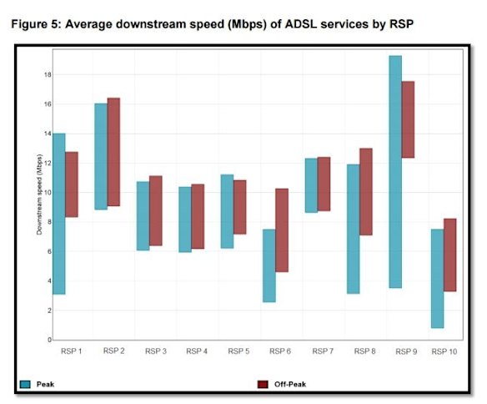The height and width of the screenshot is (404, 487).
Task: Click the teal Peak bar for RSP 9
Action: click(395, 171)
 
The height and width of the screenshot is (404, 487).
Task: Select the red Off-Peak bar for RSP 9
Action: click(408, 119)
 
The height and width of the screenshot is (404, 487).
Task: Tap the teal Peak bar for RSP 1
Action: click(58, 214)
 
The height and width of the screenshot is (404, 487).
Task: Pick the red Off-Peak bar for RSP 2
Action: click(113, 152)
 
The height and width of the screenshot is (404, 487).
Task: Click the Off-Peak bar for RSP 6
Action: click(282, 230)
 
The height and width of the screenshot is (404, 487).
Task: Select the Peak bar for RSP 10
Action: click(437, 278)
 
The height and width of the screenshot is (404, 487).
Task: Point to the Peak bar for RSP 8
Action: click(354, 229)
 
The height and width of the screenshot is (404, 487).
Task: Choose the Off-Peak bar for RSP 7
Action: click(324, 184)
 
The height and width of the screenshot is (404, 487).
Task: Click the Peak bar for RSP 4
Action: click(184, 220)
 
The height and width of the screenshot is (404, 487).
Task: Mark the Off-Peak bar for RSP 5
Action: click(239, 207)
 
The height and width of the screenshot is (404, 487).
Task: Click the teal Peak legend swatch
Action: click(25, 384)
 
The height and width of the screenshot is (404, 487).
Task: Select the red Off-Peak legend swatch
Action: click(263, 384)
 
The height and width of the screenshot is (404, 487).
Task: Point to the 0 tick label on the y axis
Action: click(48, 340)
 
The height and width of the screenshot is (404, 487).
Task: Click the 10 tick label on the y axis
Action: click(47, 192)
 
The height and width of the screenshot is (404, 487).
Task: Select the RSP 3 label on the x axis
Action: click(155, 352)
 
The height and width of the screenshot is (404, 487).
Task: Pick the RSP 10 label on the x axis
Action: click(444, 352)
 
